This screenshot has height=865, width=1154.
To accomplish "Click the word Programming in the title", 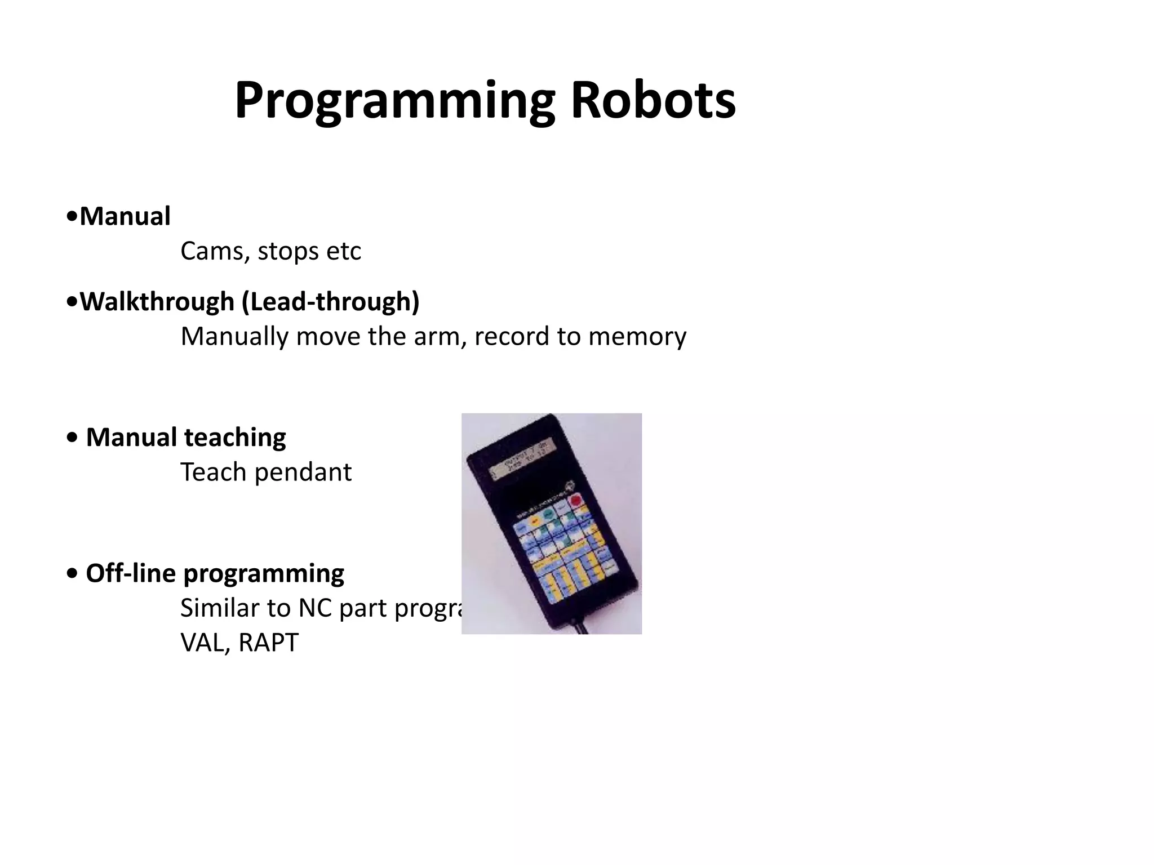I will [394, 101].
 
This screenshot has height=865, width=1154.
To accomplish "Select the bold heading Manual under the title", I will [125, 216].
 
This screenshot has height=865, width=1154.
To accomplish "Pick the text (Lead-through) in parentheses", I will [331, 301].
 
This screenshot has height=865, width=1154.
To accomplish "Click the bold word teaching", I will [235, 437].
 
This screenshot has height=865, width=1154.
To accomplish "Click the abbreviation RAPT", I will [268, 643].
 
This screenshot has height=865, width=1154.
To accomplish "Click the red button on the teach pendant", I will [576, 500].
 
